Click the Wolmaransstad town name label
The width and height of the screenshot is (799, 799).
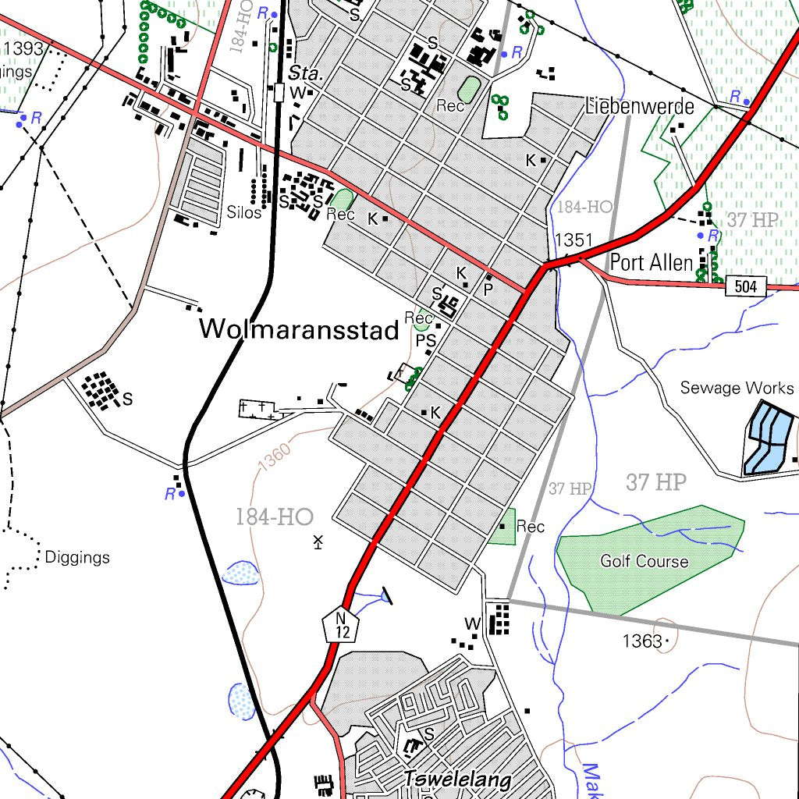(x=300, y=329)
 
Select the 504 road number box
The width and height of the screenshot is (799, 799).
(x=745, y=286)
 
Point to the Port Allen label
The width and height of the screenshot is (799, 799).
(x=651, y=262)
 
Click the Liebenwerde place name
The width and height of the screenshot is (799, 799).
(x=639, y=106)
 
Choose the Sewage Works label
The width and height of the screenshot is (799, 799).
(x=737, y=388)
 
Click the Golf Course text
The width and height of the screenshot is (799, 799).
(x=644, y=561)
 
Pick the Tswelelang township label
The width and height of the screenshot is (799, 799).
(x=457, y=779)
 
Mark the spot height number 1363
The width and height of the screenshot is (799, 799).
(x=641, y=641)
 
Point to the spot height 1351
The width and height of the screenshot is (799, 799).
(x=574, y=240)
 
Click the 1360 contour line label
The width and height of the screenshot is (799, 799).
(x=275, y=455)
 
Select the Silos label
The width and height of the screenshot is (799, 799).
(x=244, y=212)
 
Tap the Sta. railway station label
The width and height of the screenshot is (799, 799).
(x=305, y=74)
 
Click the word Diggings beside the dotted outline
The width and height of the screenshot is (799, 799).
(x=77, y=558)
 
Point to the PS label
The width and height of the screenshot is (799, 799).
(x=425, y=340)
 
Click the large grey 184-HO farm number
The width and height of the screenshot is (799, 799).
(x=274, y=517)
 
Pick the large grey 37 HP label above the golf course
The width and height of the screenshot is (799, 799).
(x=655, y=483)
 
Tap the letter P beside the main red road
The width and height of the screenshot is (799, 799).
(x=488, y=289)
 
